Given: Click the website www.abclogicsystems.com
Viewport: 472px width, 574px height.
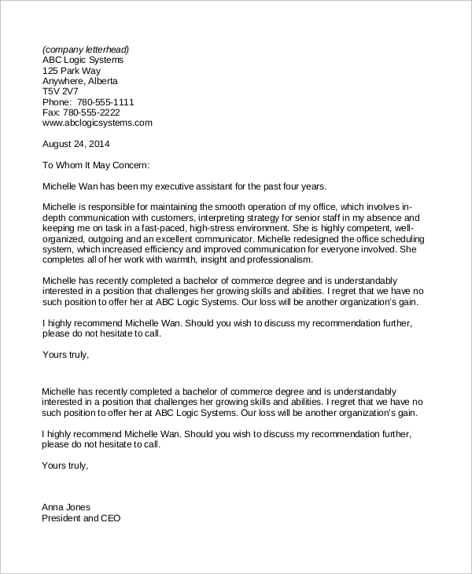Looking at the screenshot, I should (97, 123).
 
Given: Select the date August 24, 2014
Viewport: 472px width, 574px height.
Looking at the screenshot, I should (76, 144).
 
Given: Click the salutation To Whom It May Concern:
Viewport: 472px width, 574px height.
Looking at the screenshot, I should (95, 165).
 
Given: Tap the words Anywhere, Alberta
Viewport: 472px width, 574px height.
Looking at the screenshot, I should (80, 81).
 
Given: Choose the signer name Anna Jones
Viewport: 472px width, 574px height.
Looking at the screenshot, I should (66, 507).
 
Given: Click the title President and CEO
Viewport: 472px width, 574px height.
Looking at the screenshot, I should (82, 519).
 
